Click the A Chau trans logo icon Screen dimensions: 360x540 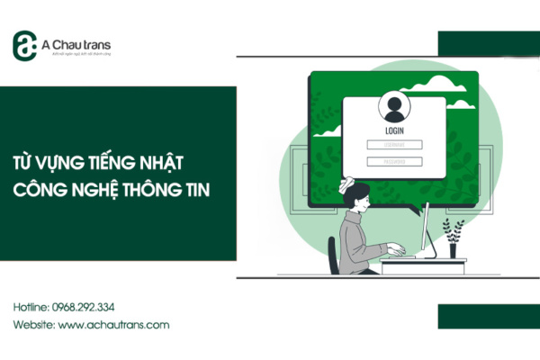24,45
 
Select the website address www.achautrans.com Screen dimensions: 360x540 114,325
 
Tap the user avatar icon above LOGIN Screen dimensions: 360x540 393,107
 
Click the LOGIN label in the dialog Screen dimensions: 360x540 393,130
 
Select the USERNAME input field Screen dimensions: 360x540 393,144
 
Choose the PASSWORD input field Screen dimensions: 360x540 393,161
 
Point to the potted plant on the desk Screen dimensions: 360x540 454,236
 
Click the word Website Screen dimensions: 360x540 32,325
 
